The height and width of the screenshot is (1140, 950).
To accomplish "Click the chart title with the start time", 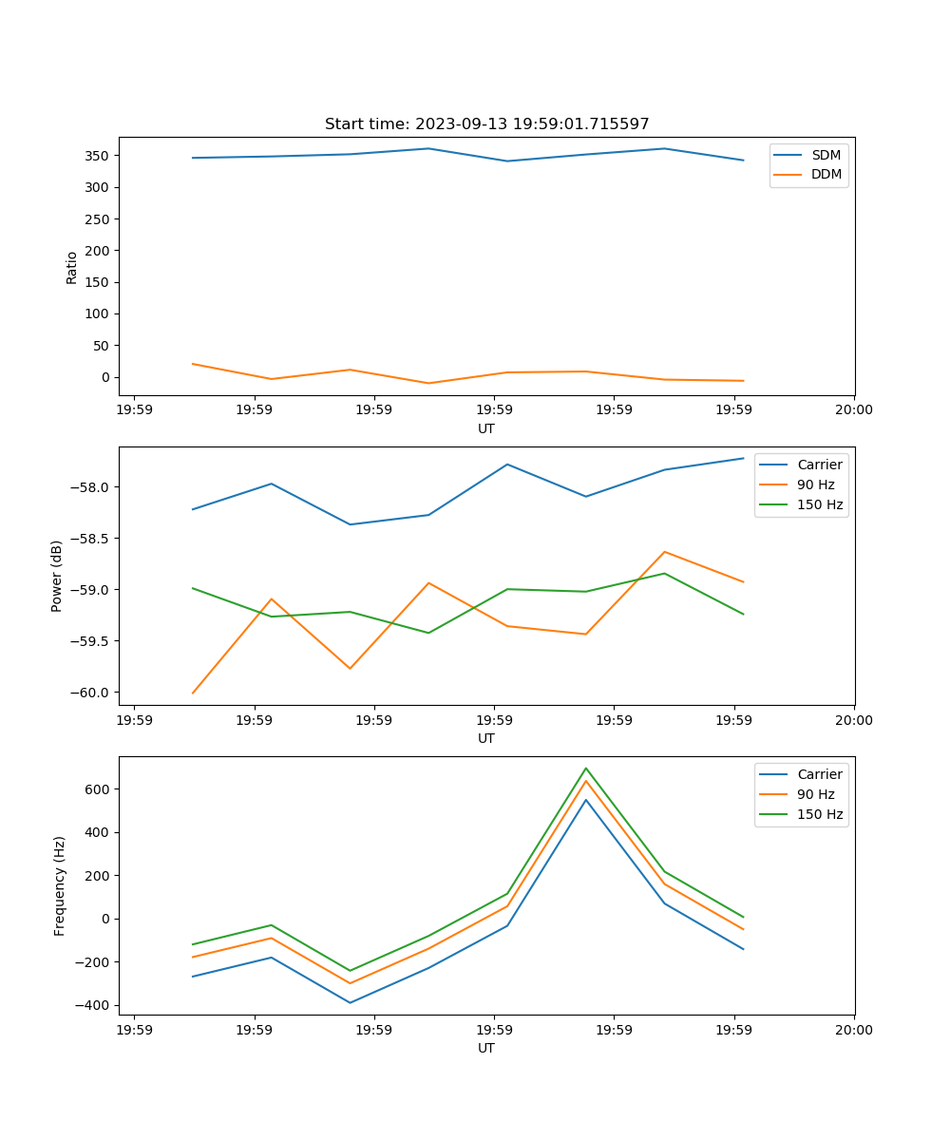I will click(486, 124).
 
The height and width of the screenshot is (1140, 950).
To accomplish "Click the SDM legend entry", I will click(826, 155).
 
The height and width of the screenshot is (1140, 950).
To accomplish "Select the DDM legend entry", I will click(826, 174).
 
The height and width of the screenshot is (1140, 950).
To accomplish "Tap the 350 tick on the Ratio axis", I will click(98, 156).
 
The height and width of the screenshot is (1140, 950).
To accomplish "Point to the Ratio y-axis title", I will click(72, 267).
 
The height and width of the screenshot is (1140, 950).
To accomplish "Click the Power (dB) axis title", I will click(57, 576).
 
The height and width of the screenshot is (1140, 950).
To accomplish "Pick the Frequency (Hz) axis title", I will click(60, 885).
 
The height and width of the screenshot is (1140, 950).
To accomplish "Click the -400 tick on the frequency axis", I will click(94, 1005).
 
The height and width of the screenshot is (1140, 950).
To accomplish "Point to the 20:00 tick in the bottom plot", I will click(853, 1030).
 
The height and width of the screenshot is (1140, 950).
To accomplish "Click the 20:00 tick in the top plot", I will click(853, 410).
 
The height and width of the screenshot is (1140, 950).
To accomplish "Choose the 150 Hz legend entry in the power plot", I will click(820, 504).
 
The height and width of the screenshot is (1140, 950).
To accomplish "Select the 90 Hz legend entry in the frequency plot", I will click(815, 794).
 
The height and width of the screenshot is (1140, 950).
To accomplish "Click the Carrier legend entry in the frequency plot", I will click(819, 774).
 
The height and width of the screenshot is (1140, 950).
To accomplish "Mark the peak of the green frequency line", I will click(586, 768).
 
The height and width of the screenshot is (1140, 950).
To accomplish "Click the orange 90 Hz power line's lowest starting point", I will click(193, 693).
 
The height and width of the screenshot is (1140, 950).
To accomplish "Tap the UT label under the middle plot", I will click(486, 738).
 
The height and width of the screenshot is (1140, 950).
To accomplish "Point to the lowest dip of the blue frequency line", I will click(350, 1002).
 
